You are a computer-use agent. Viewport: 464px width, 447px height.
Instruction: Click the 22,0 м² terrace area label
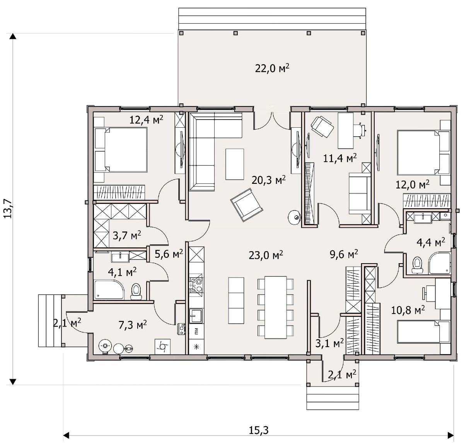(x=272, y=69)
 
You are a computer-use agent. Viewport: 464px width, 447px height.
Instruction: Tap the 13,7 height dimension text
(x=8, y=209)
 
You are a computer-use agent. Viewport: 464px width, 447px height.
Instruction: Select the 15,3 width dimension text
(x=259, y=430)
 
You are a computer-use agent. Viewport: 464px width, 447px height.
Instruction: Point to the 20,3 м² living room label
(x=268, y=180)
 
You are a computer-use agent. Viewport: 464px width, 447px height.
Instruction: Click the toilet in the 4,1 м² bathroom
(x=136, y=291)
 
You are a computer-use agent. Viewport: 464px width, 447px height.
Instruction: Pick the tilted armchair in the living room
(x=247, y=204)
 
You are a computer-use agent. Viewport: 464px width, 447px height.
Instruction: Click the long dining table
(x=275, y=307)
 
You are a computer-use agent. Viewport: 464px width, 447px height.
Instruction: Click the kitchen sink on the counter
(x=196, y=316)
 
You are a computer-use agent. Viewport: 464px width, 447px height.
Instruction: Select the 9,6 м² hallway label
(x=344, y=254)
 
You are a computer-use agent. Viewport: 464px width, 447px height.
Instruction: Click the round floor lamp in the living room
(x=295, y=217)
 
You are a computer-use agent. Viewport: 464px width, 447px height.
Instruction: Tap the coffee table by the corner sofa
(x=235, y=164)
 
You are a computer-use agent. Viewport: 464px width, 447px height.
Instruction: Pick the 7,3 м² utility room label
(x=133, y=325)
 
